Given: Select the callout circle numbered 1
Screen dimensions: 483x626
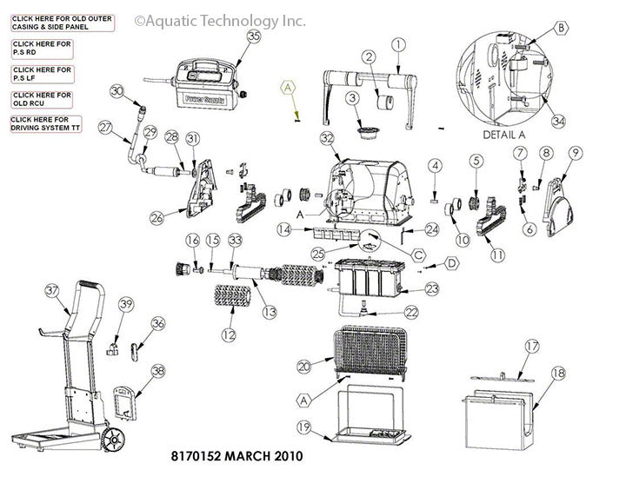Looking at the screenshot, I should point(399,43).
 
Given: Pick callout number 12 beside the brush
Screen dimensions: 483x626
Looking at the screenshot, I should point(228,334).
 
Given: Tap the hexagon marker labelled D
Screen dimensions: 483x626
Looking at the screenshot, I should point(452,262).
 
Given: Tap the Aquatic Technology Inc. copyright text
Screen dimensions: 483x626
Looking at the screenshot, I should point(222,19).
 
